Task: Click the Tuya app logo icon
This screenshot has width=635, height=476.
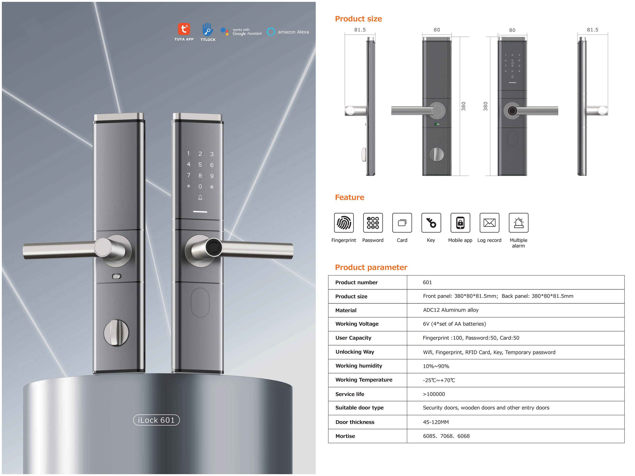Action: coord(184,29)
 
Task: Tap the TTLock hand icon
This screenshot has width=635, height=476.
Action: coord(208,29)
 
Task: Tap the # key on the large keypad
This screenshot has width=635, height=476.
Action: coord(212,187)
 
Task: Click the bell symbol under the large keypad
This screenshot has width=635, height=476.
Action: coord(200,197)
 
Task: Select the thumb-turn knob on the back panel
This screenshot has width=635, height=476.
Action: coord(116,333)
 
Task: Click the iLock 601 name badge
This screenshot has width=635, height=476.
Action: coord(156,420)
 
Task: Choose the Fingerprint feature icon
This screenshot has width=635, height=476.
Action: coord(344,223)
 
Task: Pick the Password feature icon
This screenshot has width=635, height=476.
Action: coord(373,223)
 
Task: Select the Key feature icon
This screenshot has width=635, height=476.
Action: coord(431,223)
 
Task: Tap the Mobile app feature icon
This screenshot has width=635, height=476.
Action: coord(460,223)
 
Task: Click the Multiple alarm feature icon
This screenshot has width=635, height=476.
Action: coord(518,223)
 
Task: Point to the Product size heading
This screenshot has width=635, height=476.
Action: coord(359,19)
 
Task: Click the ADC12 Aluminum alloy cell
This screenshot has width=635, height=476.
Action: coord(451,310)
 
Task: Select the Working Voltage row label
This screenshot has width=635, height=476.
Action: coord(357,324)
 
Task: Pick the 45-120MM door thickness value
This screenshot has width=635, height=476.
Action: coord(436,422)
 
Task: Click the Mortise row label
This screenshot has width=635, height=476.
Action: coord(345,436)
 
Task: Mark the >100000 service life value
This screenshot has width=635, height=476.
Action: coord(434,394)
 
